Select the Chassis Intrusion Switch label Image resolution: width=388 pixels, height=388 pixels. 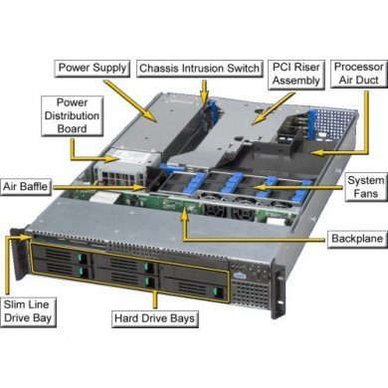[199, 68]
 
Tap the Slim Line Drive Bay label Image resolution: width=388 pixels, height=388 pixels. [27, 309]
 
